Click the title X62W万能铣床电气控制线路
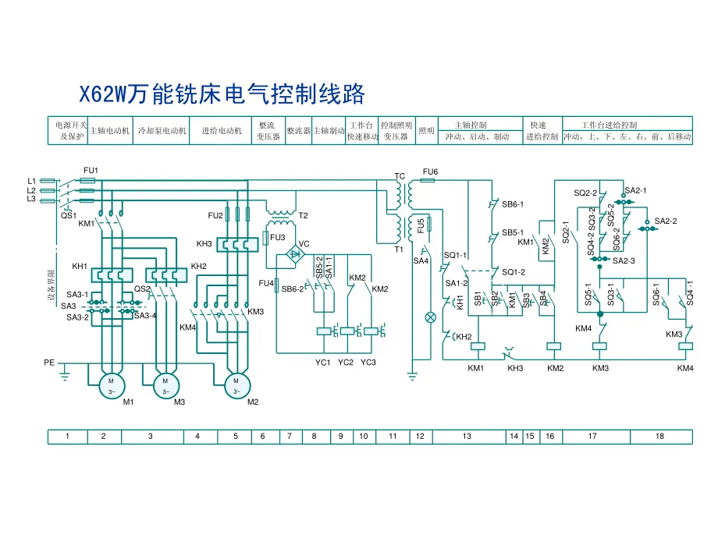coord(223,96)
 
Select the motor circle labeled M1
coord(112,385)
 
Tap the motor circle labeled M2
coord(237,384)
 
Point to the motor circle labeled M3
coord(164,385)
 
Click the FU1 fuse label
coord(91,170)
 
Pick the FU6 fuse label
coord(430,172)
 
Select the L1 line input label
coord(31,182)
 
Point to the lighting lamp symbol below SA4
coord(428,317)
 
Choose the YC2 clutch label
coord(346,363)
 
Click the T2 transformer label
coord(304,215)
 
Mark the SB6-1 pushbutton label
coord(513,204)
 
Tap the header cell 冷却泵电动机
coord(162,131)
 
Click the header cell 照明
coord(426,131)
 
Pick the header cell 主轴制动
coord(329,131)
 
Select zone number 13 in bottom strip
coord(467,437)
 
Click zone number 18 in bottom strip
coord(659,437)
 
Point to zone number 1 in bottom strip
coord(67,437)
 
